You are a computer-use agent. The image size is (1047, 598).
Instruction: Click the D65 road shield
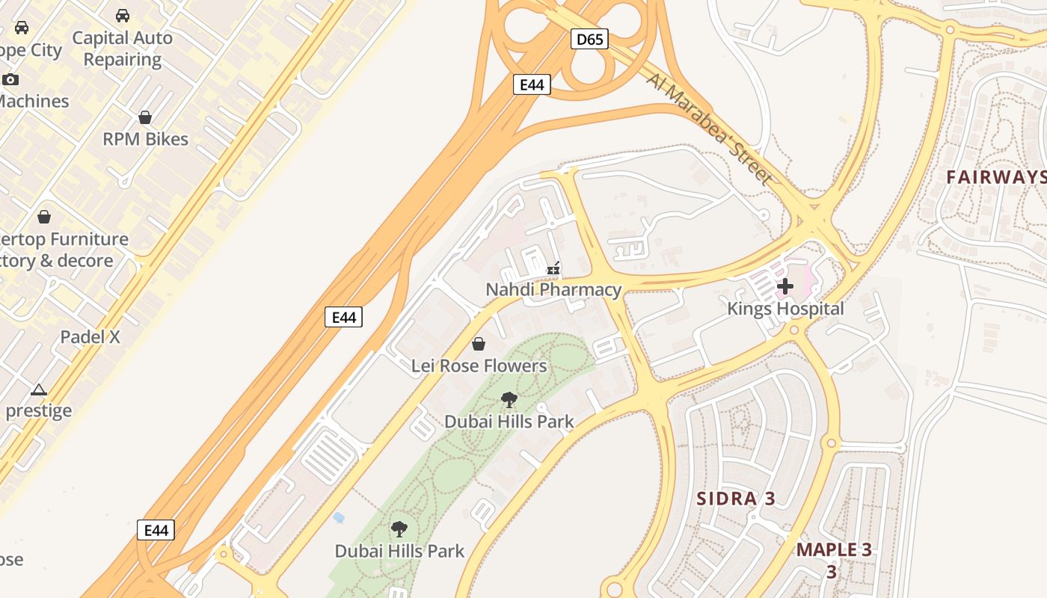click(589, 39)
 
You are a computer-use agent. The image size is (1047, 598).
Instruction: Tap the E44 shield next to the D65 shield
click(532, 84)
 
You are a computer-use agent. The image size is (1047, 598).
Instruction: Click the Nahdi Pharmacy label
click(553, 289)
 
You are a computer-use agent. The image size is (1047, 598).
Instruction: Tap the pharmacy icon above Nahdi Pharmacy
click(553, 268)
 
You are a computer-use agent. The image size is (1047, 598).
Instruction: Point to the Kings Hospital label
click(785, 309)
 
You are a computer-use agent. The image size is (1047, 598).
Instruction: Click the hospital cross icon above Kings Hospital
click(785, 286)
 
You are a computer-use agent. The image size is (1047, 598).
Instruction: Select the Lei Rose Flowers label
click(479, 366)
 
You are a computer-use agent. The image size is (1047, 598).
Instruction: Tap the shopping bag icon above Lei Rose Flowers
click(479, 344)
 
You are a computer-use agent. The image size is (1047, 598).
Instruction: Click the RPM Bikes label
click(145, 139)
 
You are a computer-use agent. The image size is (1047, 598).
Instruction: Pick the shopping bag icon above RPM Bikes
click(145, 117)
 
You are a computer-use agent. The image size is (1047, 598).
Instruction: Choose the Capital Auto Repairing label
click(122, 49)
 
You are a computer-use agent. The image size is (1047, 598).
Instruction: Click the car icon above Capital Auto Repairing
click(122, 16)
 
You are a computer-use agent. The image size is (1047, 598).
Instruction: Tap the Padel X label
click(90, 337)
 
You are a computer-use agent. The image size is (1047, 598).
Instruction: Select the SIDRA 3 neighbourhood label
click(736, 499)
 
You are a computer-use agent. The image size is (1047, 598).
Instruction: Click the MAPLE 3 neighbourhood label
click(833, 550)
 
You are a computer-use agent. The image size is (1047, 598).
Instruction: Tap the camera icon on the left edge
click(10, 79)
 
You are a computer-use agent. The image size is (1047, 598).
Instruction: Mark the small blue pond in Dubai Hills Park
click(339, 517)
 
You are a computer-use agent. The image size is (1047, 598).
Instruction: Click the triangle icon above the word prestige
click(39, 389)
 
